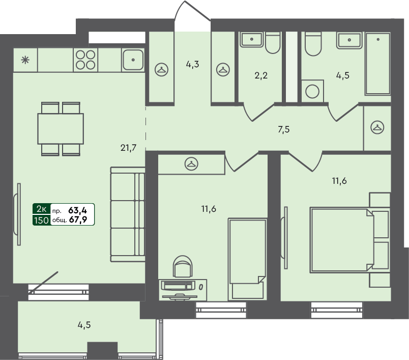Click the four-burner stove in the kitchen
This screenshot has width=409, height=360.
(x=85, y=60)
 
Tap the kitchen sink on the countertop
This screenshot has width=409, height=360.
(x=133, y=60)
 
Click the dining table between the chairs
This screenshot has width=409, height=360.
(x=61, y=129)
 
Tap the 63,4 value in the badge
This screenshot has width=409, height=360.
(x=78, y=209)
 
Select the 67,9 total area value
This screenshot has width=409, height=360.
(x=78, y=220)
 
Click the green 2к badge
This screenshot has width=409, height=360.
(x=41, y=209)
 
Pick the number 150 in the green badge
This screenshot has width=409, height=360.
(x=41, y=220)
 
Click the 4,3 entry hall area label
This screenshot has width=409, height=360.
(x=192, y=65)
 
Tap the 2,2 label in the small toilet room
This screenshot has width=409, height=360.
(x=261, y=76)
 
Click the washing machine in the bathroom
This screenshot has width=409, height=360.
(x=311, y=92)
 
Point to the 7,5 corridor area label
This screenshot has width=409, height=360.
(x=284, y=129)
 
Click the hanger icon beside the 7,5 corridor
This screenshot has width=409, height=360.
(x=377, y=128)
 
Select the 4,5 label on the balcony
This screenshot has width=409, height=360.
(x=84, y=324)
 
